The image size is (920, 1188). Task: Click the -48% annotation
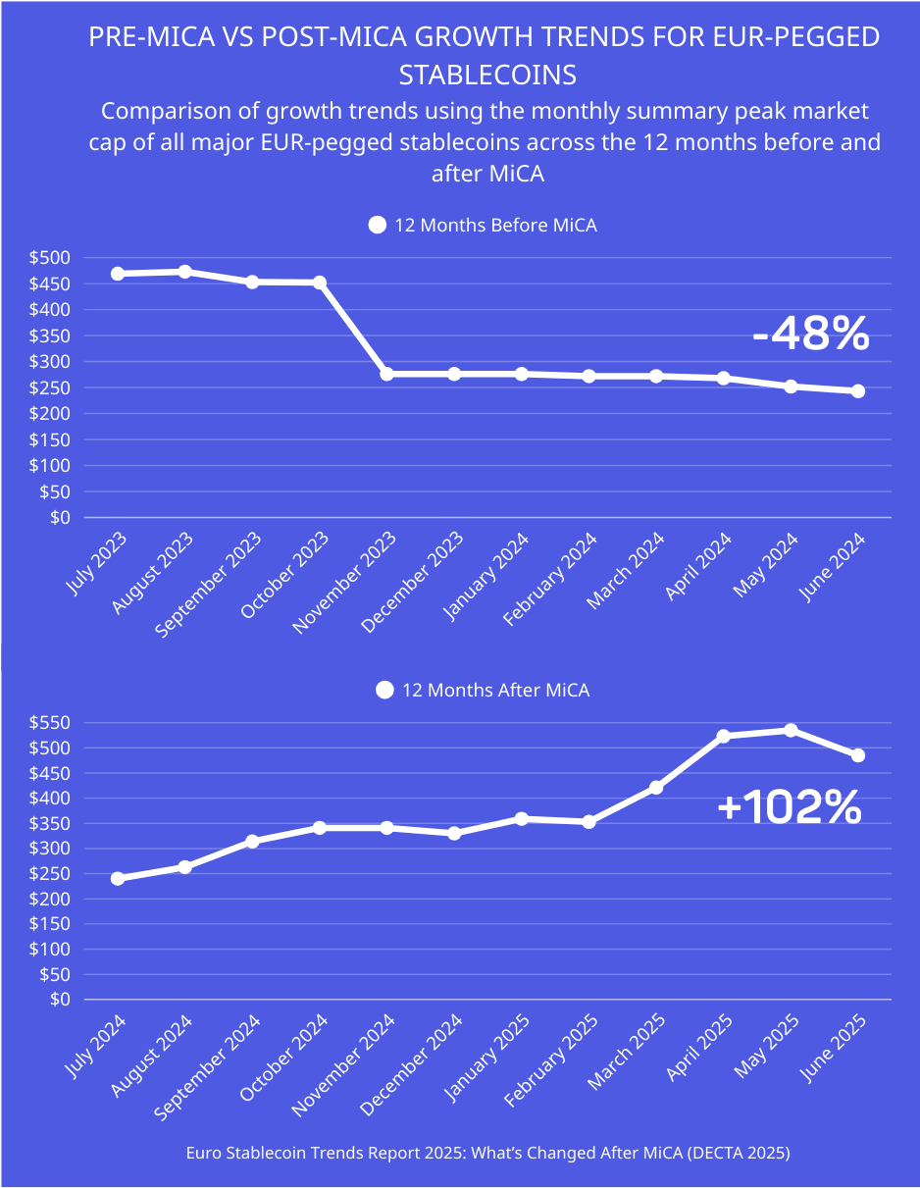[x=810, y=336]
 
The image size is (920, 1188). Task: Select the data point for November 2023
[x=386, y=374]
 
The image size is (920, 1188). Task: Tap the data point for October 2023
[x=320, y=283]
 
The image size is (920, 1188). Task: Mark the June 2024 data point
[x=857, y=390]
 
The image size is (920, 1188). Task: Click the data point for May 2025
[x=791, y=730]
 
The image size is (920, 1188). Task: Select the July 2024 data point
[x=118, y=878]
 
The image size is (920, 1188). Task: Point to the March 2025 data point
[x=656, y=787]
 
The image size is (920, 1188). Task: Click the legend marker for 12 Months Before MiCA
[x=377, y=226]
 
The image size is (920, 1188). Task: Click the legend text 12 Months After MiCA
[x=495, y=691]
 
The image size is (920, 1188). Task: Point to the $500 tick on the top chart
[x=49, y=258]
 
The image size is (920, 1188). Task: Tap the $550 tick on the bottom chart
[x=49, y=723]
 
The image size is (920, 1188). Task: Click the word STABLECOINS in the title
[x=486, y=75]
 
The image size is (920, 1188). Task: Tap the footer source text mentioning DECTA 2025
[x=487, y=1154]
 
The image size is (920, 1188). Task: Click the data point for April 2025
[x=724, y=736]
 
